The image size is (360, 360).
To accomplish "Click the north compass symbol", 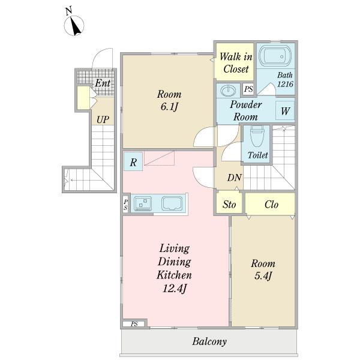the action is (x=74, y=25).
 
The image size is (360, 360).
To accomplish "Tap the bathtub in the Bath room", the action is (x=275, y=56).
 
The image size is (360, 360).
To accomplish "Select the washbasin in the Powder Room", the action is (x=228, y=90).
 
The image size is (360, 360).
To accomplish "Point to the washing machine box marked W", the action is (x=285, y=110).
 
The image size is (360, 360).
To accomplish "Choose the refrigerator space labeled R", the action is (x=133, y=161).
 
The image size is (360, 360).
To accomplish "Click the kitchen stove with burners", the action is (x=143, y=203).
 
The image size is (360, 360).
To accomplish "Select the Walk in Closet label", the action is (x=236, y=62).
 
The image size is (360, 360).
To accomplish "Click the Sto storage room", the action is (x=229, y=203).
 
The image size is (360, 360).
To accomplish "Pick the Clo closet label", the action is (x=271, y=205).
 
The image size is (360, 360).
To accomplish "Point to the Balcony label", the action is (x=209, y=341).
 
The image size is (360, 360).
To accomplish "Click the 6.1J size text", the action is (x=169, y=107).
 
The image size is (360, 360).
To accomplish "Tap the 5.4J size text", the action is (x=263, y=275).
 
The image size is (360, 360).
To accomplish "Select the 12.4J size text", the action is (x=175, y=289).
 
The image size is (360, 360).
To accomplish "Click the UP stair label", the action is (x=103, y=119).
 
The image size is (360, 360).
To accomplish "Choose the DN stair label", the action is (x=235, y=178).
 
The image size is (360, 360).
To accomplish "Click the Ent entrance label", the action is (x=103, y=83).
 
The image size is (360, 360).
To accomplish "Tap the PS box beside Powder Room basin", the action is (x=248, y=89).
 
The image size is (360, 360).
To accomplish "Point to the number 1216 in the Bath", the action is (x=285, y=84).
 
